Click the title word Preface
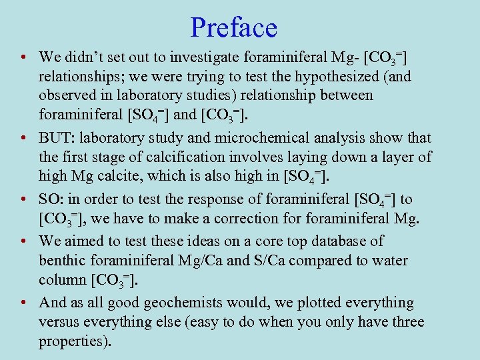pyautogui.click(x=233, y=28)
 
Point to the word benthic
pyautogui.click(x=63, y=261)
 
